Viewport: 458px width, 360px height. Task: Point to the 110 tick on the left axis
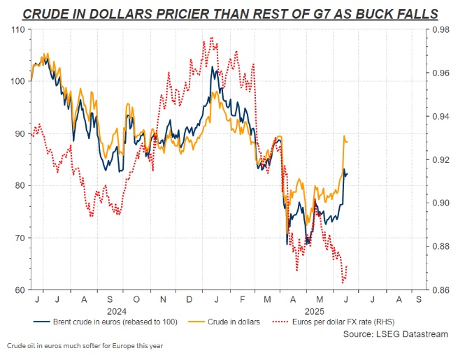pyautogui.click(x=17, y=29)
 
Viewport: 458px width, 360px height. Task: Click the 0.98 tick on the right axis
pyautogui.click(x=440, y=29)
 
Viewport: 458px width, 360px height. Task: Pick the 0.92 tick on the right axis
pyautogui.click(x=440, y=159)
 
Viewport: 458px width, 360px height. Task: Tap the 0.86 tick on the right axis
pyautogui.click(x=440, y=289)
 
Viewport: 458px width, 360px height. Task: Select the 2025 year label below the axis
pyautogui.click(x=308, y=310)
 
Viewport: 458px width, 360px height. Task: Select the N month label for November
pyautogui.click(x=162, y=299)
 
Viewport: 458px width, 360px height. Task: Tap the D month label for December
pyautogui.click(x=189, y=299)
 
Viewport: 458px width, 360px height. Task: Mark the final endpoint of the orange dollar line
pyautogui.click(x=348, y=142)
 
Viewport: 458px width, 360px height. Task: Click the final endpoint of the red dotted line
pyautogui.click(x=348, y=266)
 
